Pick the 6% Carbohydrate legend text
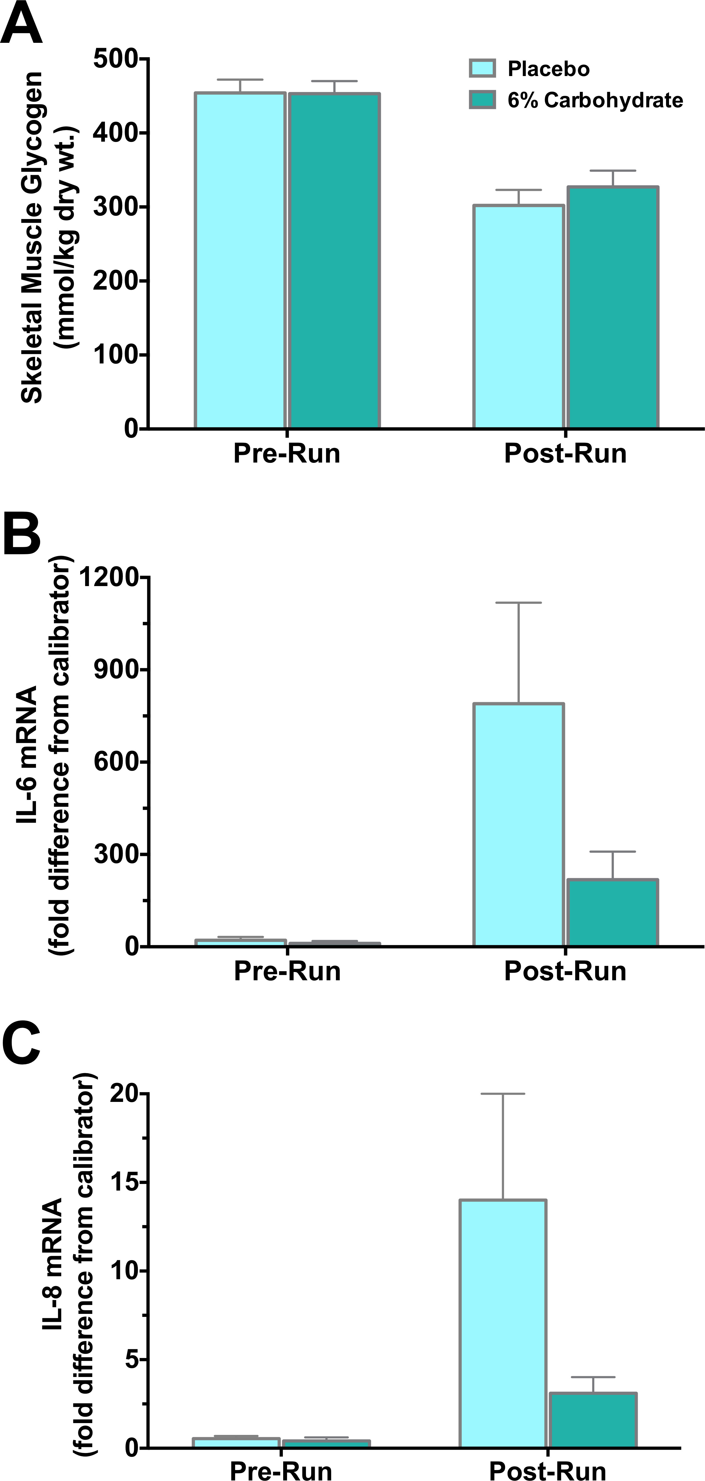point(595,100)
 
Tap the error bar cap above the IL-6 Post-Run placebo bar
point(519,603)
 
